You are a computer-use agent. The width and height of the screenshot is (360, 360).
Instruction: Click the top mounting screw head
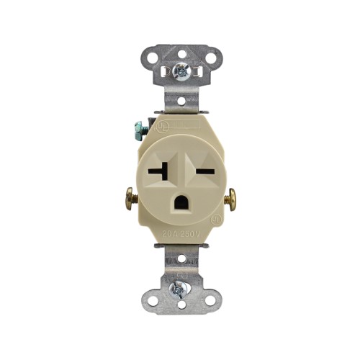[179, 71]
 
